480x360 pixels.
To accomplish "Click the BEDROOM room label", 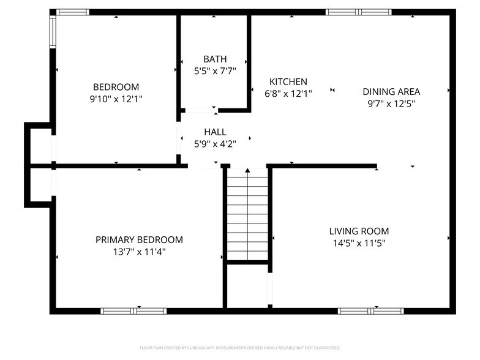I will pos(116,87).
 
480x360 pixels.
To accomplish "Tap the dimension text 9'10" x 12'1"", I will pos(116,98).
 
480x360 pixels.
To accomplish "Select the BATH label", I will pos(214,59).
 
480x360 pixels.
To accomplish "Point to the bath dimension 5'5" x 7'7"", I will pos(214,70).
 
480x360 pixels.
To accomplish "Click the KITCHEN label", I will pos(288,82).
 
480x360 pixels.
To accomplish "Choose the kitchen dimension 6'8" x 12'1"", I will pos(288,94).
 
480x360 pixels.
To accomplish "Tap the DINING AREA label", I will pos(391,92).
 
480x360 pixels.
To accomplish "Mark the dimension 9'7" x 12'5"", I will pos(391,103).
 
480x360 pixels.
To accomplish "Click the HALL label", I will pos(215,132).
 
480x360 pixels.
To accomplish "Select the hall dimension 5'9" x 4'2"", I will pos(215,144).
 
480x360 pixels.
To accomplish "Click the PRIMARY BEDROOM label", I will pos(139,240).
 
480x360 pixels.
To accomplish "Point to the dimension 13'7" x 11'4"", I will pos(139,251).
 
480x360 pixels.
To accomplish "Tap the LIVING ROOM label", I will pos(359,231).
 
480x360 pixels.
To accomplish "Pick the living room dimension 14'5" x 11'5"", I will pos(359,242).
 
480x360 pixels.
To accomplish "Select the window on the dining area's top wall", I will pos(358,12).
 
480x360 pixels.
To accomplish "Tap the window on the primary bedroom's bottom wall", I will pos(133,311).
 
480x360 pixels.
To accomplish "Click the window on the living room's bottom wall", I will pos(371,311).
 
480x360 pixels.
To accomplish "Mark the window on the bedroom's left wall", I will pos(53,31).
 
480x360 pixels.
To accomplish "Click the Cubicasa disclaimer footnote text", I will pos(239,347).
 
